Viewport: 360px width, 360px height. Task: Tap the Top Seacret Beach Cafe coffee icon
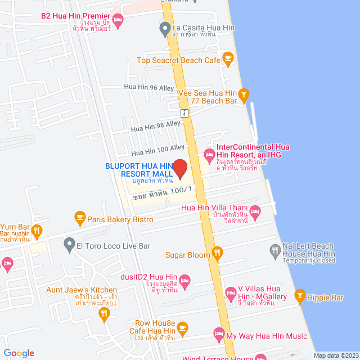[227, 57]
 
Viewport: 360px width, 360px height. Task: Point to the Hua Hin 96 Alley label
[150, 87]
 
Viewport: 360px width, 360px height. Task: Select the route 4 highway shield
[184, 112]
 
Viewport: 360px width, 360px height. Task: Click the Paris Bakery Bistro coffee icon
[79, 217]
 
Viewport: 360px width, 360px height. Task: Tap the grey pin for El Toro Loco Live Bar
[69, 244]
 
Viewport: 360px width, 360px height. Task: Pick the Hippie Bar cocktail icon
[299, 295]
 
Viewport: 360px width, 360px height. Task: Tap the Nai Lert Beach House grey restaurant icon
[274, 250]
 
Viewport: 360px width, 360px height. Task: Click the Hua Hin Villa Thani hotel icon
[255, 213]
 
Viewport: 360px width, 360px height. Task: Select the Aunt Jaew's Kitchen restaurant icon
[103, 316]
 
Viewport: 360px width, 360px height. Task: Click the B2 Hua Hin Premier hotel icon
[117, 20]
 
